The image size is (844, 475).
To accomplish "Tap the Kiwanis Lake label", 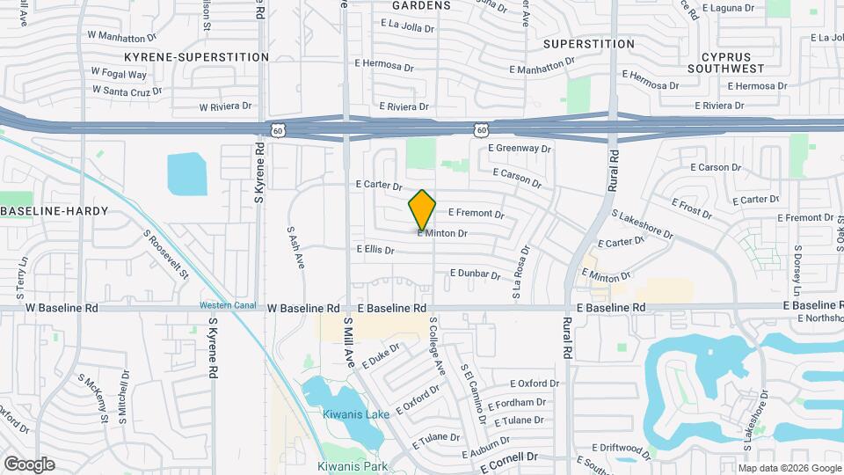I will click(x=351, y=414).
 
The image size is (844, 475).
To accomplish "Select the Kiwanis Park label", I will click(x=353, y=466).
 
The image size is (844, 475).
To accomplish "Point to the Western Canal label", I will click(x=227, y=305).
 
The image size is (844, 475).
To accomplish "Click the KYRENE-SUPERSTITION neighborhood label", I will click(x=196, y=56).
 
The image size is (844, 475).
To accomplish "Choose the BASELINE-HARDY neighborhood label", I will click(x=54, y=211).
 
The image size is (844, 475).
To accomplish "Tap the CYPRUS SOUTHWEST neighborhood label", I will click(x=725, y=62).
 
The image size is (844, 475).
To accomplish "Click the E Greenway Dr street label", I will click(x=520, y=149).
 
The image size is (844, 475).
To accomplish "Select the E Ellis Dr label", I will click(x=375, y=250).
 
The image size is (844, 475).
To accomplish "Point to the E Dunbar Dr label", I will click(x=475, y=274).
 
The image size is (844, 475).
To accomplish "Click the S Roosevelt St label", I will click(x=167, y=255).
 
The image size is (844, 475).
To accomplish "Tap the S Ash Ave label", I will click(x=295, y=247).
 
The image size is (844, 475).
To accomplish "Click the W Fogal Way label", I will click(x=119, y=75).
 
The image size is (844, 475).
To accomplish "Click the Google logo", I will click(x=29, y=464).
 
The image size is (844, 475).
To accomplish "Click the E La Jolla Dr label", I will click(x=394, y=27).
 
